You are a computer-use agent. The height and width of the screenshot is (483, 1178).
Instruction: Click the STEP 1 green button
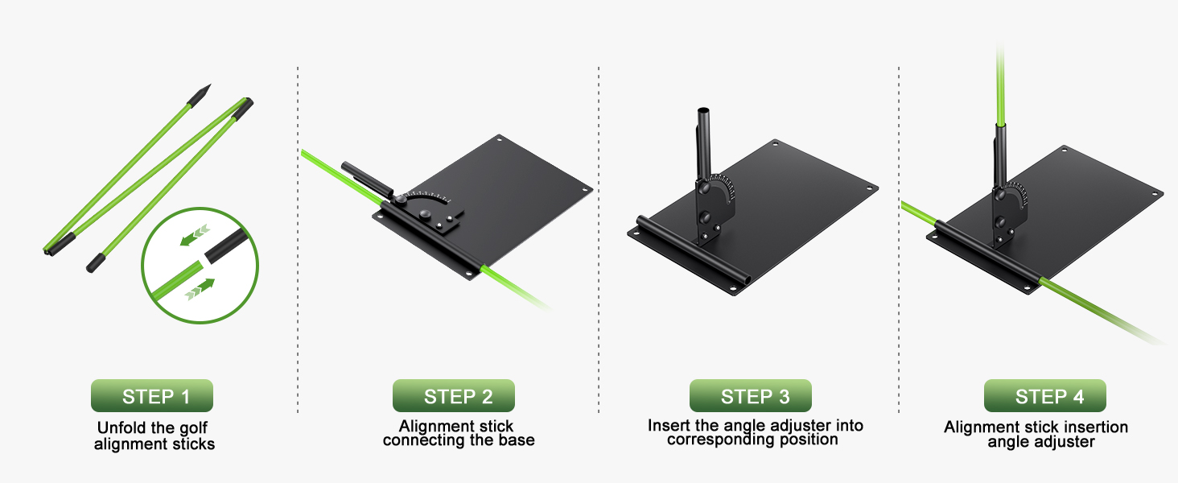click(x=152, y=396)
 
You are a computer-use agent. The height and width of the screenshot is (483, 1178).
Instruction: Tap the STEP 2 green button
click(x=454, y=396)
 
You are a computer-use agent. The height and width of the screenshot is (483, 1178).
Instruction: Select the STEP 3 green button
click(x=751, y=396)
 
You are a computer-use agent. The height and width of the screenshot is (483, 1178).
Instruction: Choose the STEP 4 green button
click(x=1045, y=396)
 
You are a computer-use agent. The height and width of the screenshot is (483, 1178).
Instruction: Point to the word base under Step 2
click(x=517, y=440)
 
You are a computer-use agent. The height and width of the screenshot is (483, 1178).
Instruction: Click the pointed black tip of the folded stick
click(x=208, y=86)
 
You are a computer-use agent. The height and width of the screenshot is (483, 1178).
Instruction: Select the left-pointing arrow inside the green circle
click(x=195, y=235)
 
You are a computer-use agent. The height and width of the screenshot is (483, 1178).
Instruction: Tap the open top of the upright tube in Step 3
click(x=703, y=111)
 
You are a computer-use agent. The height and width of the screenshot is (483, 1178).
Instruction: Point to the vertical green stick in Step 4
click(x=1000, y=85)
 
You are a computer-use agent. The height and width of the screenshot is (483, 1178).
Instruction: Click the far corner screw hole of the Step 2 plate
click(x=499, y=139)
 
